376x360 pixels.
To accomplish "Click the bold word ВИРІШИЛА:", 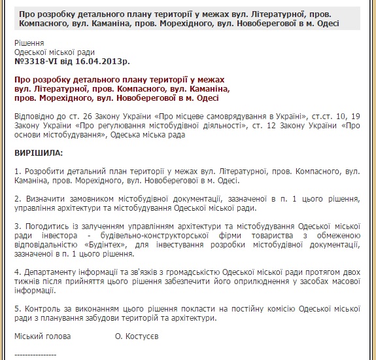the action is tap(39, 153).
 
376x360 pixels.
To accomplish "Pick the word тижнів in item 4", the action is tap(27, 281).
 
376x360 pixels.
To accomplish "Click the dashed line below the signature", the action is tap(35, 354).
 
